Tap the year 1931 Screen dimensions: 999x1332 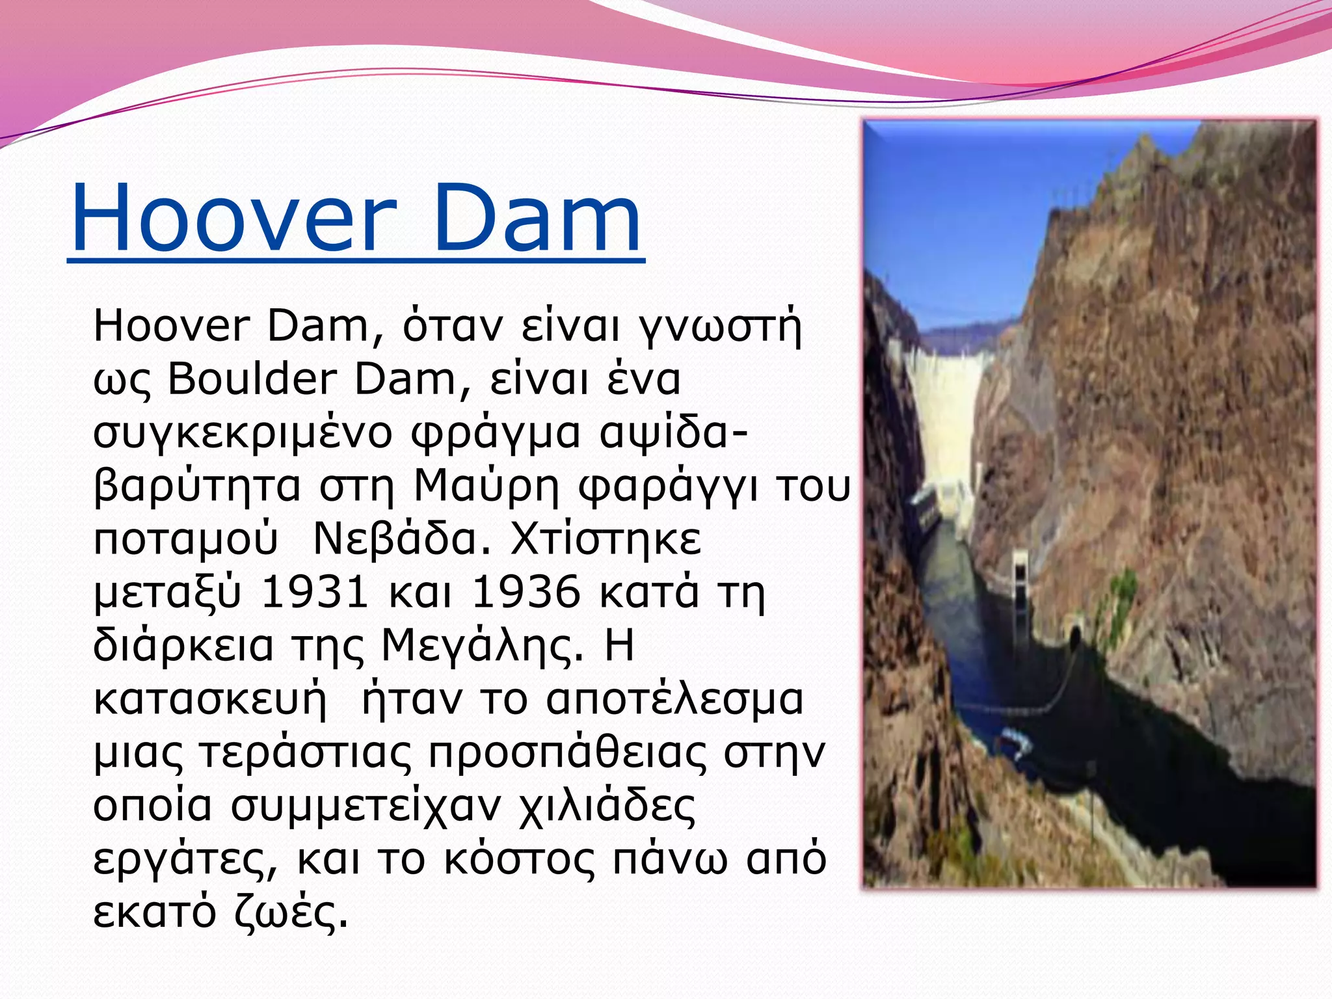coord(314,593)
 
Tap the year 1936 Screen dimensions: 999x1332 coord(526,593)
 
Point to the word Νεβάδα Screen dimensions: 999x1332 coord(402,539)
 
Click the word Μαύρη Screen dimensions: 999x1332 coord(486,486)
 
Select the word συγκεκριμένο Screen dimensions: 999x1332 coord(242,434)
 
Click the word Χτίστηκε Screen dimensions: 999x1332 coord(606,539)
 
